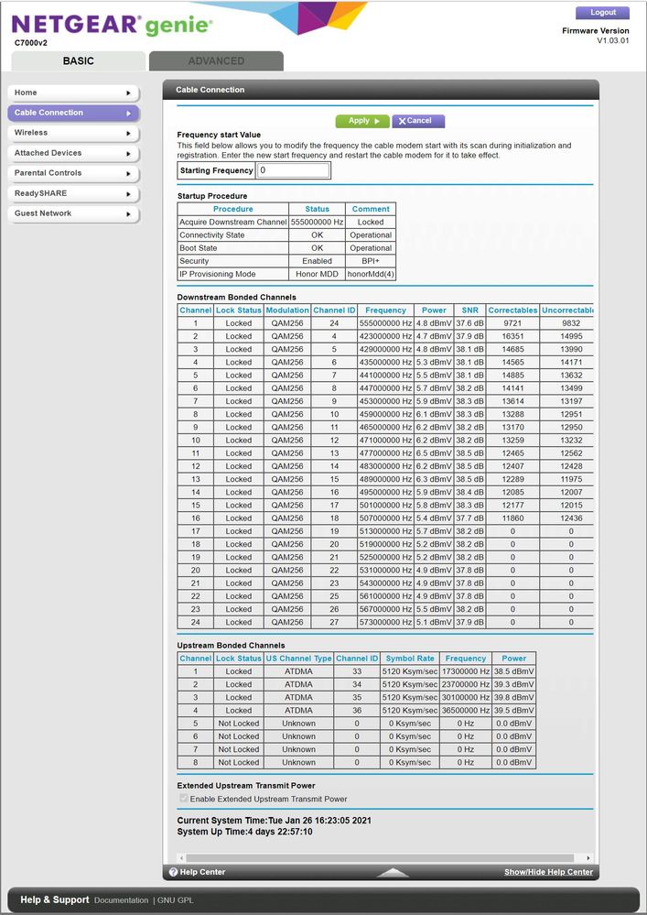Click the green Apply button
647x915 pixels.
coord(362,121)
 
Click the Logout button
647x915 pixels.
coord(602,13)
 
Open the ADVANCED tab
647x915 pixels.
coord(216,61)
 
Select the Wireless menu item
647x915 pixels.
coord(73,133)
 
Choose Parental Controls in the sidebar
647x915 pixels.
coord(73,173)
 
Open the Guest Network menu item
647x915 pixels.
coord(73,213)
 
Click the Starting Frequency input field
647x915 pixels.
coord(293,170)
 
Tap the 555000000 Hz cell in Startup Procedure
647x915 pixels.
coord(318,223)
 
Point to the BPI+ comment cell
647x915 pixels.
coord(371,261)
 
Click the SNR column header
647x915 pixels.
coord(469,310)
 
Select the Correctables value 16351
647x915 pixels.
coord(512,336)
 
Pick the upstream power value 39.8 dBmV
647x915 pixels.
coord(513,698)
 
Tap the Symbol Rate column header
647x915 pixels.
coord(410,659)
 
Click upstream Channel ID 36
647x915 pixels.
coord(357,711)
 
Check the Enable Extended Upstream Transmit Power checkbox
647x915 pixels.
coord(183,799)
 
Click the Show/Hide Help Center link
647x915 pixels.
coord(548,872)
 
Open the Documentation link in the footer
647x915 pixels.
coord(121,900)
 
